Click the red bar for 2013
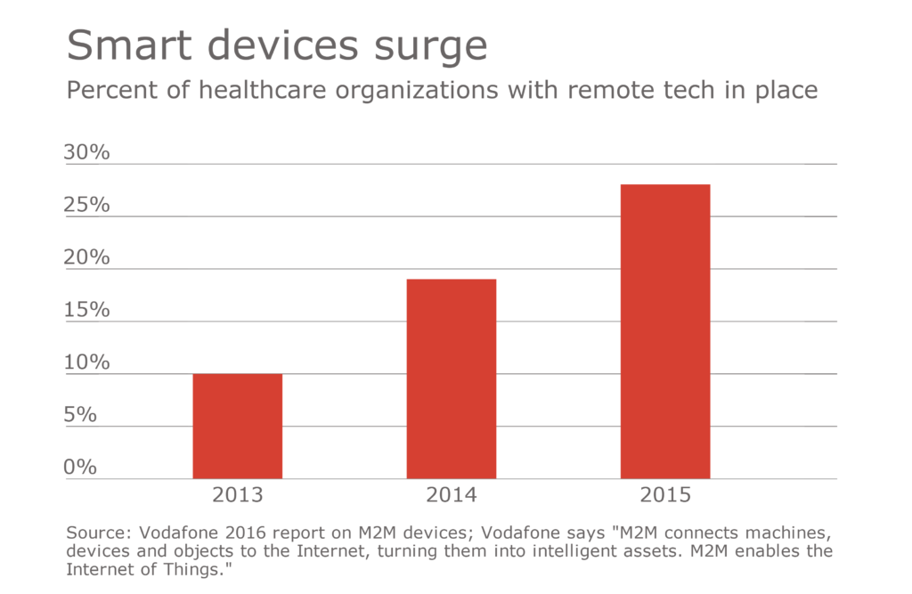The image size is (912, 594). point(237,426)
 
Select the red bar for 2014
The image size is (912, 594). point(451,378)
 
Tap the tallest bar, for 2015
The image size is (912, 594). point(664,331)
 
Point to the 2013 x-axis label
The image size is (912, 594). point(237,495)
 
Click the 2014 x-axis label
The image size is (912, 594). point(451,495)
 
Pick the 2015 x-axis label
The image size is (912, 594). point(664,495)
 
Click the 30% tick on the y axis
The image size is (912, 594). point(86,152)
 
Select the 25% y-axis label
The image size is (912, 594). point(86,205)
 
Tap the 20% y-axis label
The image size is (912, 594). point(86,257)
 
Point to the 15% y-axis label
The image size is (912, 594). point(86,310)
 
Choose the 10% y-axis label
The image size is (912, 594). point(86,362)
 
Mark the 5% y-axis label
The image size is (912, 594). point(80,415)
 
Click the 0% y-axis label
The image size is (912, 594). point(80,467)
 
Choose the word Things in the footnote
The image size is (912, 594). point(199,568)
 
